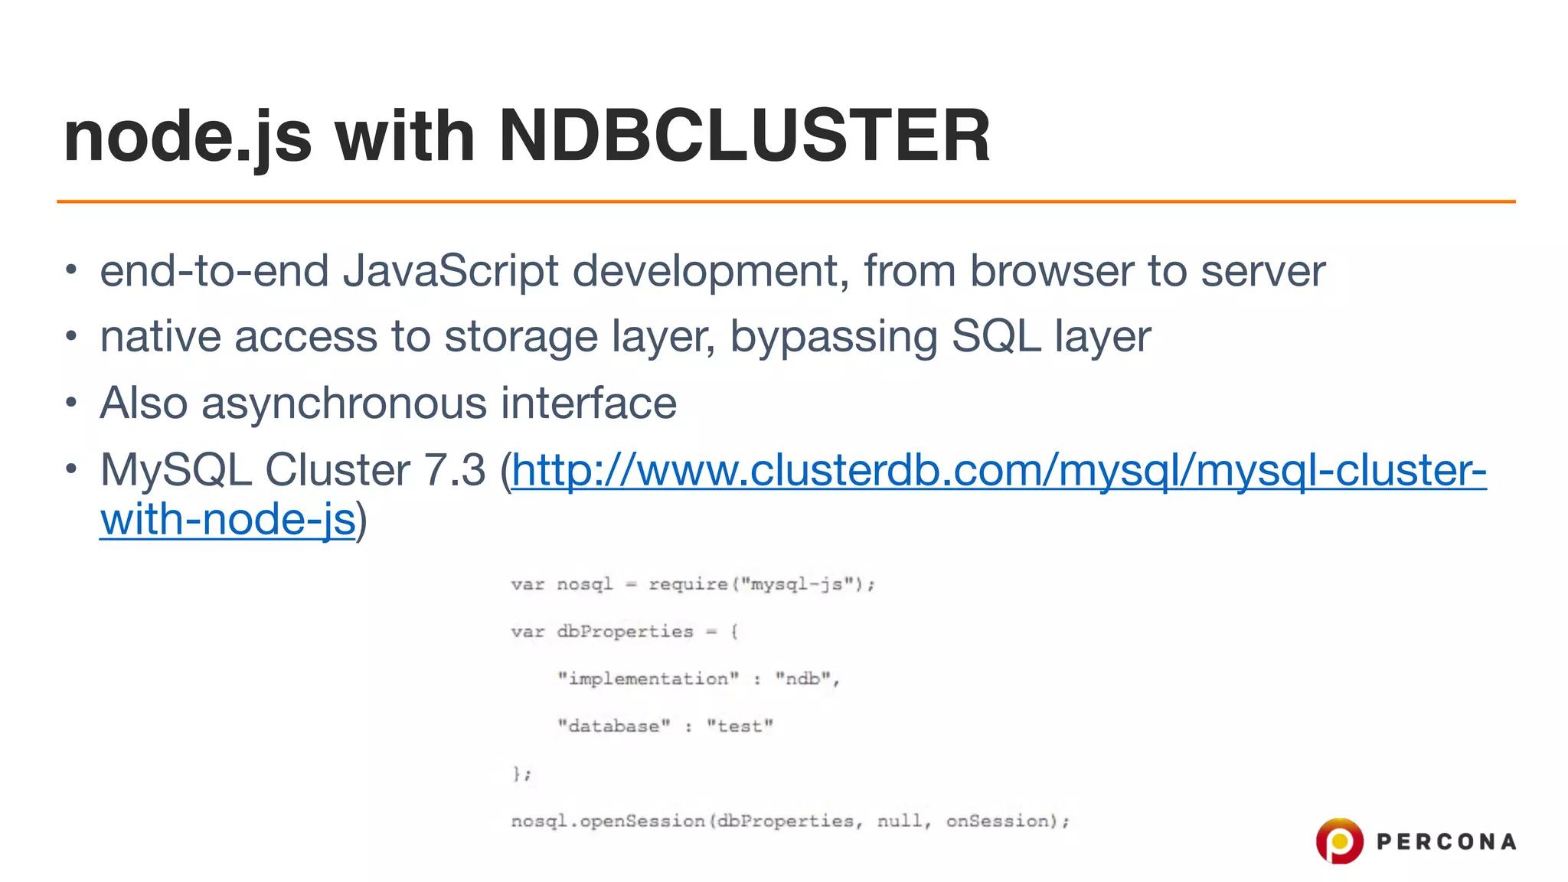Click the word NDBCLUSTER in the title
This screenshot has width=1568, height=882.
744,136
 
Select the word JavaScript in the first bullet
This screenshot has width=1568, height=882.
451,271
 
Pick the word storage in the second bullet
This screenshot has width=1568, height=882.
521,337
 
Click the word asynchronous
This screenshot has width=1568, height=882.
344,403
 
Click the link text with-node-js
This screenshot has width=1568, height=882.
227,520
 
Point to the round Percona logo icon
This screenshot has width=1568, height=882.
1339,841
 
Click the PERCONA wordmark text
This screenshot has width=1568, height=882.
1446,842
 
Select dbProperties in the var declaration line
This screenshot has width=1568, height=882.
625,632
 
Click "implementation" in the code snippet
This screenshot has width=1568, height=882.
648,679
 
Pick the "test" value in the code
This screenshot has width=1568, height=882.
740,726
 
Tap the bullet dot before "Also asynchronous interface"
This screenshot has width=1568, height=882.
71,402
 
